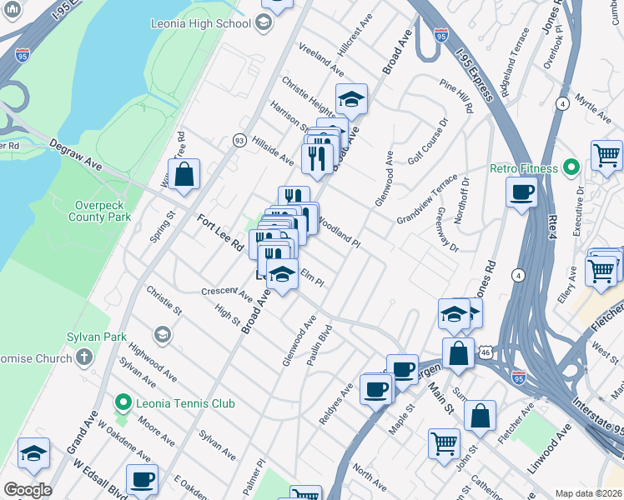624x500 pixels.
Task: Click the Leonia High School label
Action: (x=199, y=23)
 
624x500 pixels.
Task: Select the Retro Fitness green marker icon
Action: (x=571, y=168)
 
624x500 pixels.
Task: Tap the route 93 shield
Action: (x=239, y=140)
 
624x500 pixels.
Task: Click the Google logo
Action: (x=27, y=490)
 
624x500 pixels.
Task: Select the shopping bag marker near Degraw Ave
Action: (x=184, y=175)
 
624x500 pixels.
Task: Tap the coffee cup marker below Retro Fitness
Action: (x=522, y=193)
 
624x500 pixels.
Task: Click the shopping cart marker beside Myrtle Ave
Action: (x=606, y=156)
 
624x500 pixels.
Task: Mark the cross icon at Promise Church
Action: (x=83, y=357)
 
